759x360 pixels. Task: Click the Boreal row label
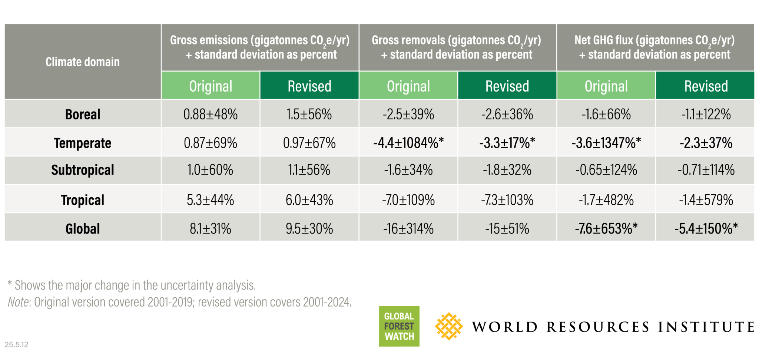(83, 114)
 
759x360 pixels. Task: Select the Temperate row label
(83, 143)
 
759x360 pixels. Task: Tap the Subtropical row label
(83, 170)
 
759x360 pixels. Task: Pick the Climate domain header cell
(83, 62)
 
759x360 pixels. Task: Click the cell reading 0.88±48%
(211, 114)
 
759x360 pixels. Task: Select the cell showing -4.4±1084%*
(408, 143)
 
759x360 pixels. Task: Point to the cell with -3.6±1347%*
(606, 143)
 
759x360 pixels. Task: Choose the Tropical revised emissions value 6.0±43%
(309, 200)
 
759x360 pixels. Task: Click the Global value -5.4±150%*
(706, 228)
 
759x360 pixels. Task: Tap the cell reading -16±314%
(408, 228)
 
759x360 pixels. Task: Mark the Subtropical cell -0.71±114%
(706, 170)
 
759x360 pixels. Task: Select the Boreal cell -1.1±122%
(706, 114)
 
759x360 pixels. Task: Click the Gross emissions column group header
(260, 47)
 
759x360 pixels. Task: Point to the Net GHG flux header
(655, 47)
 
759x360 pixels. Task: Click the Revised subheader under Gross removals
(507, 86)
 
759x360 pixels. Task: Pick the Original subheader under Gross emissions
(211, 86)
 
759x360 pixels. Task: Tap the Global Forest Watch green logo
(399, 326)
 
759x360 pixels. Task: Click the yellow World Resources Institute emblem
(449, 326)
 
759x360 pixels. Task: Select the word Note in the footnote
(19, 302)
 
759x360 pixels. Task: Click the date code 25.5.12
(17, 344)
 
